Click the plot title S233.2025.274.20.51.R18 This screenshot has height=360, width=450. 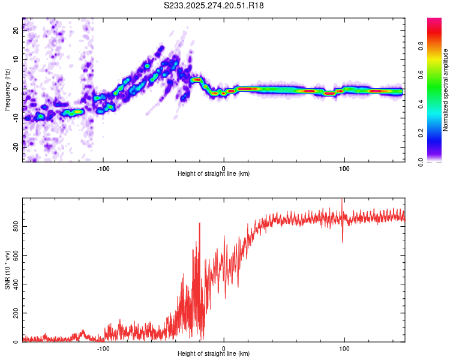pos(214,6)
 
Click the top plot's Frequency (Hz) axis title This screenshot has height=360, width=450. pos(7,90)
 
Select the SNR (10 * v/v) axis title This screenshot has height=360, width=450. pos(7,270)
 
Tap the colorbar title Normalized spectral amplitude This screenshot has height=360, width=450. pos(446,90)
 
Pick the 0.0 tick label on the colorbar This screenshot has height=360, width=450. pos(437,161)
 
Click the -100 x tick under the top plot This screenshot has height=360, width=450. pos(103,167)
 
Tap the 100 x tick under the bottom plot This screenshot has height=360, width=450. pos(344,349)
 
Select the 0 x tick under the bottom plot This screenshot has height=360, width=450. pos(224,349)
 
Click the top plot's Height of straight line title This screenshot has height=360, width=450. pos(214,174)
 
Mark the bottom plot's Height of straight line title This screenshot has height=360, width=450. pos(214,355)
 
